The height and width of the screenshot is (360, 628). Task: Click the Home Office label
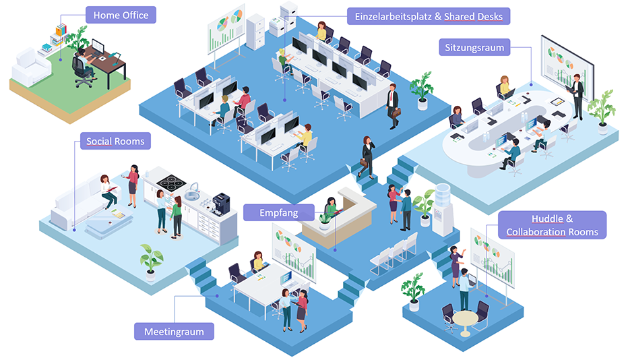[x=121, y=15]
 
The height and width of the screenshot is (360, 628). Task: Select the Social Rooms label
[x=115, y=142]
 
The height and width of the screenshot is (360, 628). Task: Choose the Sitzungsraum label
[x=474, y=48]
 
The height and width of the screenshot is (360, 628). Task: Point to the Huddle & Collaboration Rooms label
[x=552, y=225]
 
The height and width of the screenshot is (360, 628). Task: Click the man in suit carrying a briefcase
[x=392, y=104]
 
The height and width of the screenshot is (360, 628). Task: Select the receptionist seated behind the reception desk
[x=331, y=209]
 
